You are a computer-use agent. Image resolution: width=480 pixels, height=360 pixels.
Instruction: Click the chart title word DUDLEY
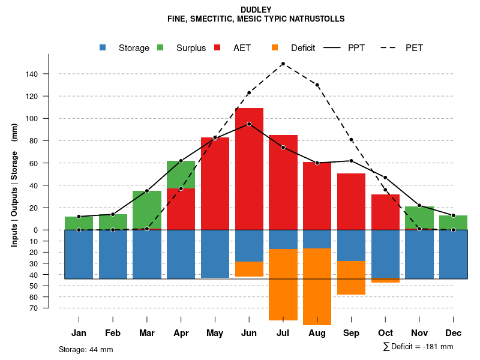(x=256, y=10)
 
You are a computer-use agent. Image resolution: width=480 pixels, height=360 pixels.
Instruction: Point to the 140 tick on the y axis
(x=31, y=74)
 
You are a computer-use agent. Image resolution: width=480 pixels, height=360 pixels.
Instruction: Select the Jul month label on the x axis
(x=283, y=333)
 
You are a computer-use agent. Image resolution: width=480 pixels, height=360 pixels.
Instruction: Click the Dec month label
(x=453, y=333)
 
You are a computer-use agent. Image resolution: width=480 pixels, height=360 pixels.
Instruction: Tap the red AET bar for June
(x=249, y=168)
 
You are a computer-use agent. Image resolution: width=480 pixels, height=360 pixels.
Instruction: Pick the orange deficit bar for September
(x=351, y=278)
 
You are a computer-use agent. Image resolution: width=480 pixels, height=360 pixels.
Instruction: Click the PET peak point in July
(x=283, y=64)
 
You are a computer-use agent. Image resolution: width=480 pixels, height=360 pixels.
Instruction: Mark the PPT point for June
(x=249, y=124)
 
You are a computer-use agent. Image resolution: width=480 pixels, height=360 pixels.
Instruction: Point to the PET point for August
(x=317, y=85)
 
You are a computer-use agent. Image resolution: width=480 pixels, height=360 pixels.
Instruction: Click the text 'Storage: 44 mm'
(x=86, y=349)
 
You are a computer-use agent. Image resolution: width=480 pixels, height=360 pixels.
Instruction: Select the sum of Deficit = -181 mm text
(x=418, y=347)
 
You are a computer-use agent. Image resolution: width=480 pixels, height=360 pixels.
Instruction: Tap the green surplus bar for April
(x=181, y=174)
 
